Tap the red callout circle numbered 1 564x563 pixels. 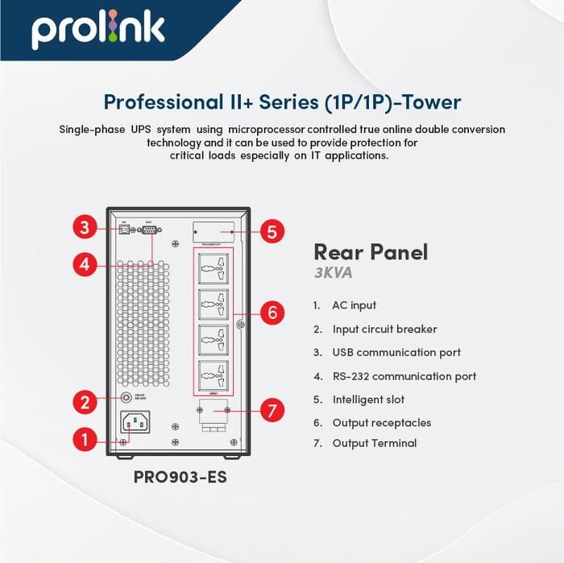point(85,440)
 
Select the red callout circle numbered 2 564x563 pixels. point(85,402)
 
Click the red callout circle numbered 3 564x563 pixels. point(85,227)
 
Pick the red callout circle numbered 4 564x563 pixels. point(85,263)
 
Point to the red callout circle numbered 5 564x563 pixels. point(272,232)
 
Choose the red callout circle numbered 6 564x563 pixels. point(272,313)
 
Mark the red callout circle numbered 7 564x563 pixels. point(272,411)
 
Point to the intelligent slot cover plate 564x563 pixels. point(214,231)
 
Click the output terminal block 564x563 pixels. point(213,415)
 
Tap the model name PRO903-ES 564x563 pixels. point(180,478)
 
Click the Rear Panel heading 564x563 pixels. point(370,252)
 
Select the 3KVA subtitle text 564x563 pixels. point(333,274)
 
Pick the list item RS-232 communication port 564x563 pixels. point(404,376)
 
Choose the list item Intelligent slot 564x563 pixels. point(368,399)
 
